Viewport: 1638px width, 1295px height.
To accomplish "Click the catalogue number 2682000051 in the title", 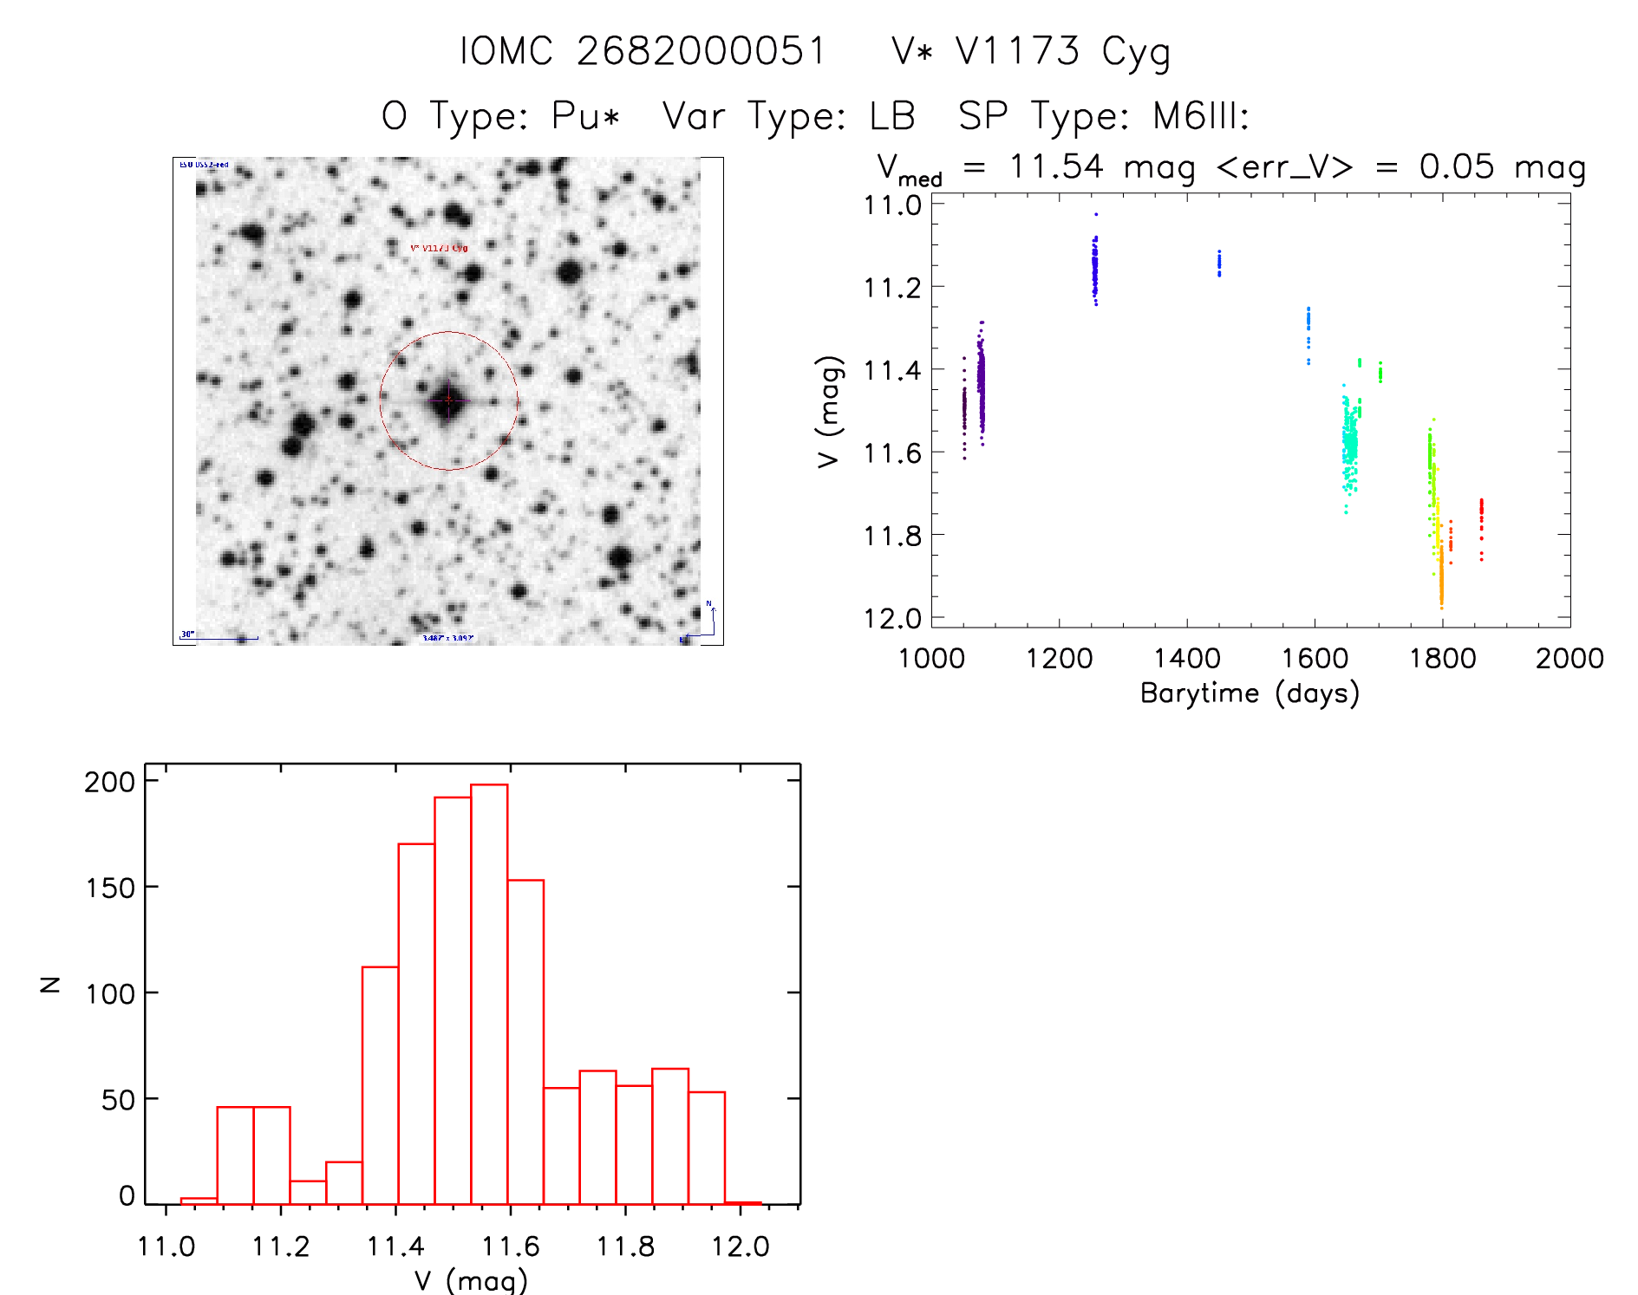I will click(701, 51).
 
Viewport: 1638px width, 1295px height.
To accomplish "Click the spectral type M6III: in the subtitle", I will click(1201, 116).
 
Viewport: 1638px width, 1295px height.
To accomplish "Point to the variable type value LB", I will click(892, 116).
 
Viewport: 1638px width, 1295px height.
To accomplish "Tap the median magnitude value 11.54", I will click(1056, 166).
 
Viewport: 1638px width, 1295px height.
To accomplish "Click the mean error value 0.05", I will click(1457, 166).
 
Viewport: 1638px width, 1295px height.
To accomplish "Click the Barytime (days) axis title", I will click(1250, 693).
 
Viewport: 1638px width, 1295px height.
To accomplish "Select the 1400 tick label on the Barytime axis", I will click(1186, 659).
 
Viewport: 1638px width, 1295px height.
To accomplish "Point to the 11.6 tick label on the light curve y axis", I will click(892, 453).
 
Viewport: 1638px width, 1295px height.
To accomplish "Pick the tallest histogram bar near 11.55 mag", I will click(490, 993).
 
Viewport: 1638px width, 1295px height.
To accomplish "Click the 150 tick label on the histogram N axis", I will click(110, 888).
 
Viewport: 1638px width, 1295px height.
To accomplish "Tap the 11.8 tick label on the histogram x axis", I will click(624, 1246).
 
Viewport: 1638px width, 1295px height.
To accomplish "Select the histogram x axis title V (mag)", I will click(471, 1280).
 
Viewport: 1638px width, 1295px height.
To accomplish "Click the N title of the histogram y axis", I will click(51, 984).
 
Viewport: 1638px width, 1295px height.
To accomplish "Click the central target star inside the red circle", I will click(447, 400).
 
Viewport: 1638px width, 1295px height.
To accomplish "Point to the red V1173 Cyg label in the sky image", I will click(439, 248).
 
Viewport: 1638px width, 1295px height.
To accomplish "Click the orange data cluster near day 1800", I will click(1441, 581).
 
